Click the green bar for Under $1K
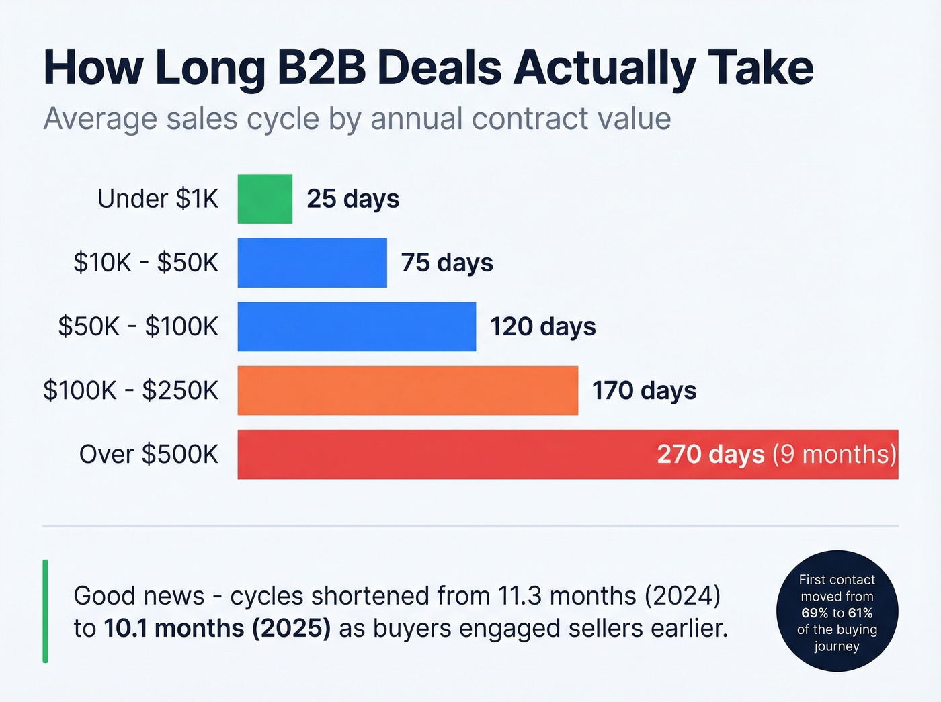(265, 199)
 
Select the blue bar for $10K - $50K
(312, 263)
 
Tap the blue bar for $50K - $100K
(356, 326)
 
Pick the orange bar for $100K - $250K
(407, 390)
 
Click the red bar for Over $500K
(444, 454)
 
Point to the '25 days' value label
(353, 199)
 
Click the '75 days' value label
(447, 263)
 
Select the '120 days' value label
(542, 326)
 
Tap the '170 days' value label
(644, 390)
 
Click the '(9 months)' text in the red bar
(834, 454)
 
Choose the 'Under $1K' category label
(158, 199)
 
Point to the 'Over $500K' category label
(149, 454)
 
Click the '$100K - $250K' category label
(130, 390)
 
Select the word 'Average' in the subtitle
(100, 119)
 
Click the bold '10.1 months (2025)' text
(217, 629)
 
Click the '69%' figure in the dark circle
(815, 613)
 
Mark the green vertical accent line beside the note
(45, 611)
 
